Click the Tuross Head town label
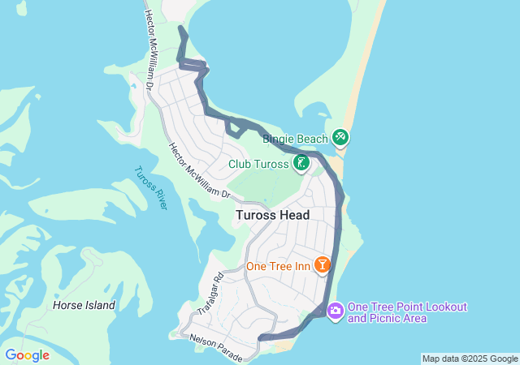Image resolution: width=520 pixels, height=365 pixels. coord(273,215)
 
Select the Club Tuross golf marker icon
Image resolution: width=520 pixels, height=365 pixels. coord(301,164)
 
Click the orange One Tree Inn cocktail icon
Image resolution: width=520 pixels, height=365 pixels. coord(323,265)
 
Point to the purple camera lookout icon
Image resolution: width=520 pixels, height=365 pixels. coord(336,311)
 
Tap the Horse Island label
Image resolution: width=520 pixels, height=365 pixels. coord(84,306)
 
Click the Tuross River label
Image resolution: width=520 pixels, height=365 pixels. coord(150,187)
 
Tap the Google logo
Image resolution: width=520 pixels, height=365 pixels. coord(27,355)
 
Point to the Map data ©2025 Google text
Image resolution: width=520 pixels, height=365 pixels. coord(470,359)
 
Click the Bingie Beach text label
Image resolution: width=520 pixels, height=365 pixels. coord(293,139)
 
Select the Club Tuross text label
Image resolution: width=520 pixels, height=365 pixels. coord(258,164)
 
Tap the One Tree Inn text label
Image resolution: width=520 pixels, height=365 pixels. coord(279,266)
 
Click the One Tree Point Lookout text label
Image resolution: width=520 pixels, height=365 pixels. coord(408,307)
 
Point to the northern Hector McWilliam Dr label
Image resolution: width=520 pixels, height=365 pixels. coord(149,49)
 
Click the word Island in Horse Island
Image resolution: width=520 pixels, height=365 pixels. coord(98,306)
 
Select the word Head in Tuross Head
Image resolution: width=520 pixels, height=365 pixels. coord(295,215)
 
